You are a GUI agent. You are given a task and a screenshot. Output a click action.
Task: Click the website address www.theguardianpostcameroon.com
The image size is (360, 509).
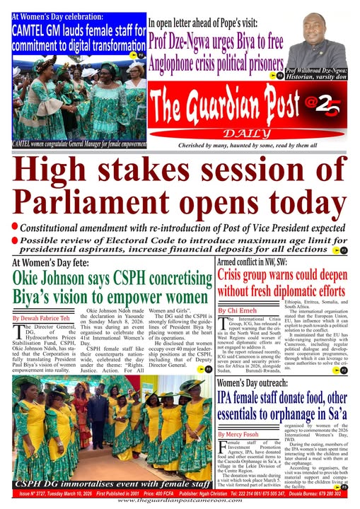click(180, 501)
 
